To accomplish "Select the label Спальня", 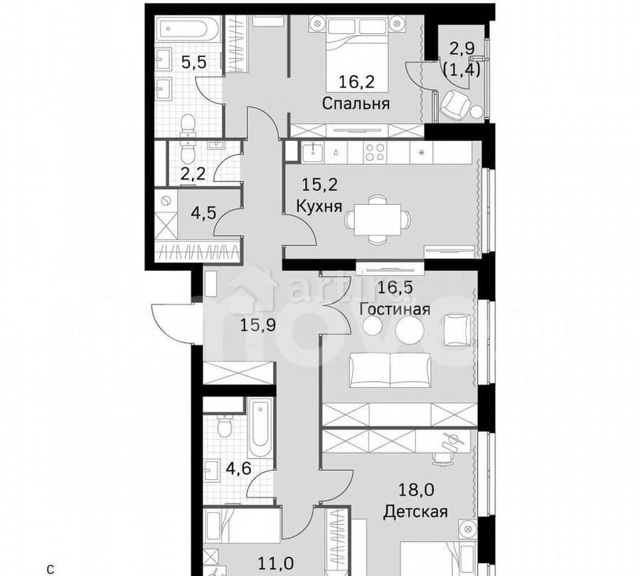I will [x=356, y=104].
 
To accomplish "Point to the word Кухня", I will [x=319, y=206].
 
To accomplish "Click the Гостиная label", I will [x=395, y=309].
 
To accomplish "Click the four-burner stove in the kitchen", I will [x=375, y=151].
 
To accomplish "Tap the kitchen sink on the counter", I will [x=314, y=151].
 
